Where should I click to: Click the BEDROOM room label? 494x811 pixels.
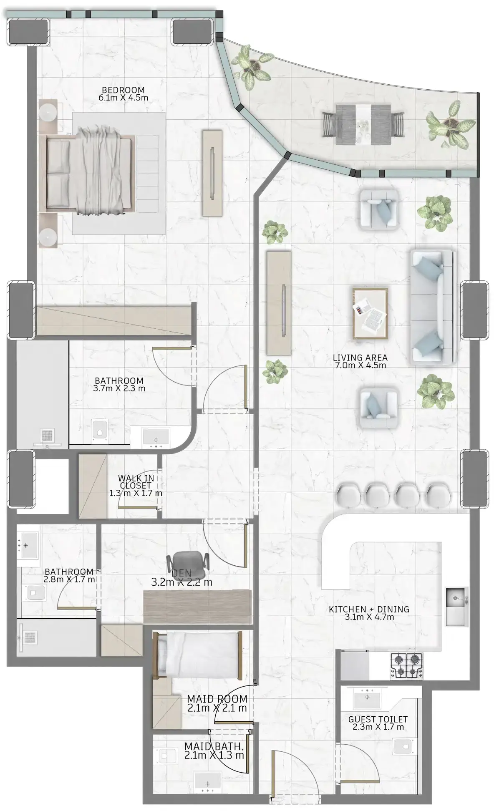coord(123,90)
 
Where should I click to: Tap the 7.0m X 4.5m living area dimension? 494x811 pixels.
coord(360,365)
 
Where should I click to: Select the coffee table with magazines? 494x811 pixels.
coord(370,313)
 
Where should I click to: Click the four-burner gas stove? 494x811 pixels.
coord(406,665)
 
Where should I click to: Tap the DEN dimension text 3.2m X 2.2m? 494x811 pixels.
coord(181,582)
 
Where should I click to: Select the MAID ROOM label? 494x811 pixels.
coord(217,698)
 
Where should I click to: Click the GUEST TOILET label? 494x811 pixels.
coord(378,719)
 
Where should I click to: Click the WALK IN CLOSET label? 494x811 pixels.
coord(136,482)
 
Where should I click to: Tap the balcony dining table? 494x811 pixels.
coord(363,124)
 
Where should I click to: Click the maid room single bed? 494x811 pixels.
coord(198,654)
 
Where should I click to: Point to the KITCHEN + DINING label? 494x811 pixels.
coord(369,609)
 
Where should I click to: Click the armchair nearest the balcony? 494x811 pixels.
coord(378,209)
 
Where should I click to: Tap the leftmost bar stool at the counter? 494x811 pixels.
coord(347,495)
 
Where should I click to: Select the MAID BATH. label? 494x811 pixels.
coord(214,746)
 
